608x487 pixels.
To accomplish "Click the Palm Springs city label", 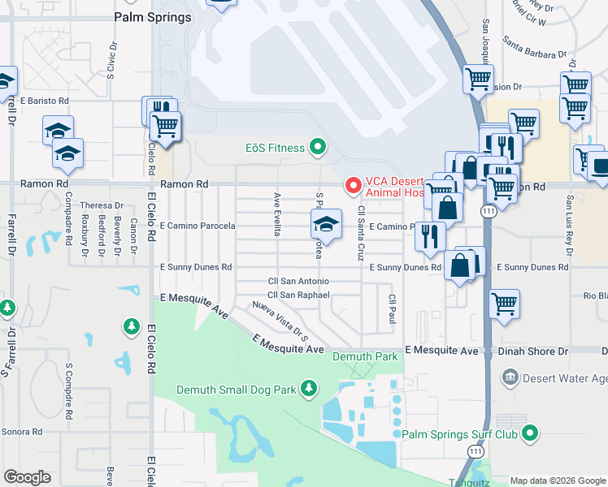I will point(153,16).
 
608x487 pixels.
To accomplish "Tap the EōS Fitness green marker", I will point(318,148).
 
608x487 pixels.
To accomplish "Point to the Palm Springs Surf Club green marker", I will point(530,433).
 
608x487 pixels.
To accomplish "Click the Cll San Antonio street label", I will point(299,281).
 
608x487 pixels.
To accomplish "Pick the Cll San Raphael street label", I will point(299,295).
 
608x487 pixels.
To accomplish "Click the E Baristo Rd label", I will point(45,101).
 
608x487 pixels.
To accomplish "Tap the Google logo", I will point(27,477).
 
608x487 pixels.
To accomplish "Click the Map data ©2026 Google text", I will point(558,481).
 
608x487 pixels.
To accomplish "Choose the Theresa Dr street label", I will point(101,205).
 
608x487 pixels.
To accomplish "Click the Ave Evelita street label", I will point(277,214).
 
